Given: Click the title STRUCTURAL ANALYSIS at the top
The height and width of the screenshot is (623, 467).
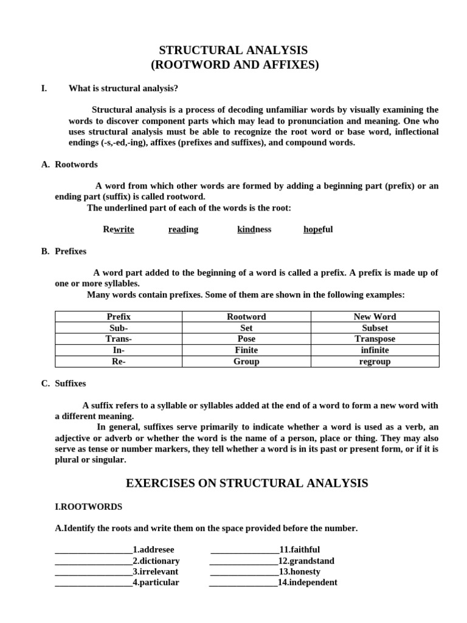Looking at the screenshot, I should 234,50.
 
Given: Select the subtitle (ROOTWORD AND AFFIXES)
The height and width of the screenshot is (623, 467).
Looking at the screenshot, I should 234,64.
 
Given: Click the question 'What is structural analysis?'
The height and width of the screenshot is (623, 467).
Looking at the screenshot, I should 123,89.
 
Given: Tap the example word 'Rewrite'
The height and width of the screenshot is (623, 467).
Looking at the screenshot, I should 119,229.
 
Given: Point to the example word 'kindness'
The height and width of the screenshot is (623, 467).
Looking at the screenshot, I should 254,229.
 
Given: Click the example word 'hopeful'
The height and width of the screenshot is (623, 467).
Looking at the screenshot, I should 318,229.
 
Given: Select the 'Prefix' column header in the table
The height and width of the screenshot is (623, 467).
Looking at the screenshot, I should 119,317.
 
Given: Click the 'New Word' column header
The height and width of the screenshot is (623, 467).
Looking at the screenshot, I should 375,317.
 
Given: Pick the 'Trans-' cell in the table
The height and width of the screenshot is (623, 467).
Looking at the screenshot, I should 119,339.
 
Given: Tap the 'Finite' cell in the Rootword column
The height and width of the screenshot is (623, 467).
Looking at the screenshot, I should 246,350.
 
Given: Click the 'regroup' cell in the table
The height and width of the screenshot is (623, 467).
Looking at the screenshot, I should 375,361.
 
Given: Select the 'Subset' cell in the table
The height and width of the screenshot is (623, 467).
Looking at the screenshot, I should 375,328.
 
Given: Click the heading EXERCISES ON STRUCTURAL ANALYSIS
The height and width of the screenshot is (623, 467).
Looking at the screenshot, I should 246,484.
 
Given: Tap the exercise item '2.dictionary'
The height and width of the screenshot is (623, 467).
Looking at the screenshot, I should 156,561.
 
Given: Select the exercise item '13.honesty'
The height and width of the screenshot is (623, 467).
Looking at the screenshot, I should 299,572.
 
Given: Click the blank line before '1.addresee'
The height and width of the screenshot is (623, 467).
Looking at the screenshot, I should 94,551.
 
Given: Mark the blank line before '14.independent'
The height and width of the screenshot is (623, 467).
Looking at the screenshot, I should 243,583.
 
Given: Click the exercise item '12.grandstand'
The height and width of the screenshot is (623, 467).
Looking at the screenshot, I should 306,561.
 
